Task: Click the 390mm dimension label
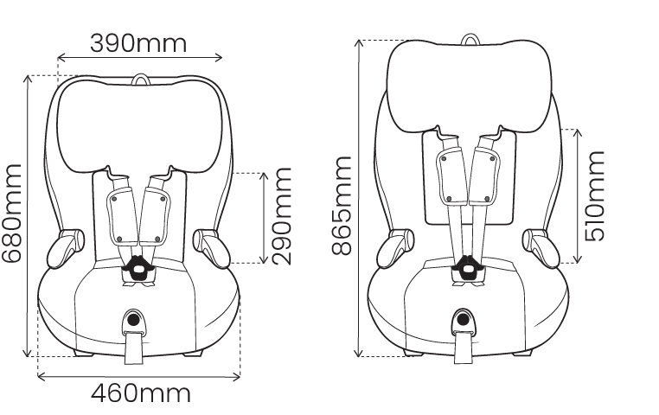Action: pyautogui.click(x=138, y=41)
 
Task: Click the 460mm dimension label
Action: pyautogui.click(x=140, y=394)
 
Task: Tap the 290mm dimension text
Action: pyautogui.click(x=282, y=217)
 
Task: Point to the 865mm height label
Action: pyautogui.click(x=342, y=206)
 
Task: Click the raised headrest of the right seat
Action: pyautogui.click(x=469, y=86)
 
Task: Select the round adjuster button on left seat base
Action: pyautogui.click(x=134, y=320)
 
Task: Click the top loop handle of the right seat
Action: pyautogui.click(x=469, y=39)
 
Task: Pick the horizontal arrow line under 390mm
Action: pyautogui.click(x=139, y=59)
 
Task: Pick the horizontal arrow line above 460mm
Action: pyautogui.click(x=138, y=375)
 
